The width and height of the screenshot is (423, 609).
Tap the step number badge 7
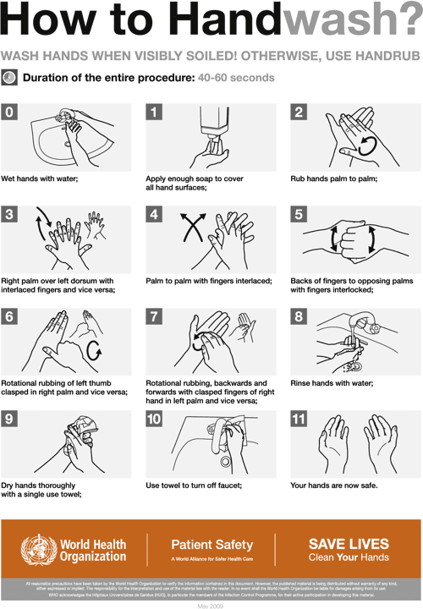pyautogui.click(x=154, y=317)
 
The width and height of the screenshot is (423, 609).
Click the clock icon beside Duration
pyautogui.click(x=9, y=77)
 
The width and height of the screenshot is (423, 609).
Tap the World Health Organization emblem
pyautogui.click(x=35, y=549)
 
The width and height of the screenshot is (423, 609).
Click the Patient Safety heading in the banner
pyautogui.click(x=211, y=545)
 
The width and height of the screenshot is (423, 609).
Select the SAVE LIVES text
pyautogui.click(x=349, y=544)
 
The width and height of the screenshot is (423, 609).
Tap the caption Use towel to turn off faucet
pyautogui.click(x=194, y=486)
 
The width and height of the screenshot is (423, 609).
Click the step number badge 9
pyautogui.click(x=9, y=420)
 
